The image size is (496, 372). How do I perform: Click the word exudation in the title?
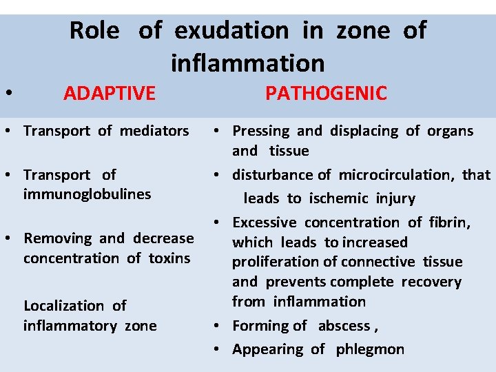pyautogui.click(x=231, y=31)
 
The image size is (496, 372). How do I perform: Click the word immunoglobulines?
pyautogui.click(x=87, y=194)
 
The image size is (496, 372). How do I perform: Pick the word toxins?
pyautogui.click(x=169, y=258)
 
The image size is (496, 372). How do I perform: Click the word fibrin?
pyautogui.click(x=448, y=223)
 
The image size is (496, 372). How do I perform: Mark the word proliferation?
pyautogui.click(x=273, y=262)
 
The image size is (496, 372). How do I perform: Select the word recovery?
pyautogui.click(x=431, y=282)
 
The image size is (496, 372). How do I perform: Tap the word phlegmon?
pyautogui.click(x=370, y=349)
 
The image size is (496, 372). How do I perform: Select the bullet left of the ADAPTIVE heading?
pyautogui.click(x=6, y=93)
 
